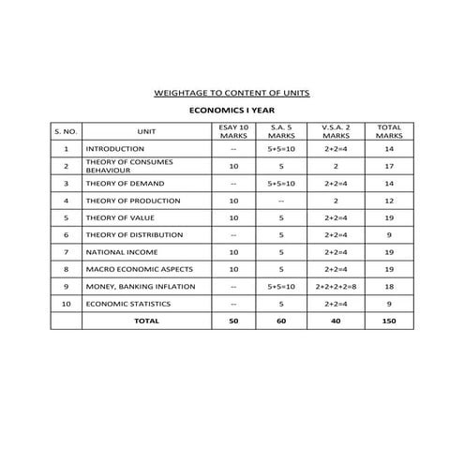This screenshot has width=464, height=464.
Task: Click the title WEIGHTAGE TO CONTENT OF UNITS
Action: click(x=232, y=93)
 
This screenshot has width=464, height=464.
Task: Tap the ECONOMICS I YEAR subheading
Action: click(x=232, y=110)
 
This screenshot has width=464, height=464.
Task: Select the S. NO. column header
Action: click(x=67, y=131)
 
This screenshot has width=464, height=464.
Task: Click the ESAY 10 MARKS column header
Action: click(x=233, y=131)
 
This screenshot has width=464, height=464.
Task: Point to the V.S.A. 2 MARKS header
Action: click(x=337, y=131)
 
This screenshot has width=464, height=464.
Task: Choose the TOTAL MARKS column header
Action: click(x=387, y=131)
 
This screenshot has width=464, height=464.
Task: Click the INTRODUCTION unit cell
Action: click(x=115, y=149)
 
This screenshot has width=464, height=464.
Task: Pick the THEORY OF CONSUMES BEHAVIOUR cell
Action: click(x=128, y=166)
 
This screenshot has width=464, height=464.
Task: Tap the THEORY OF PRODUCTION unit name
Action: click(x=132, y=201)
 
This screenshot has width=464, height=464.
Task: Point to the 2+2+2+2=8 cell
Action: click(x=337, y=286)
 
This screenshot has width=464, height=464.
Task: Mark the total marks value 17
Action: click(x=387, y=166)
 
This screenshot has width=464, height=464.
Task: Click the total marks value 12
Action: click(x=387, y=201)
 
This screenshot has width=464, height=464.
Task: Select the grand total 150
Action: click(x=387, y=321)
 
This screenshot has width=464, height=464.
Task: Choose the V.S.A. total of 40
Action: click(x=337, y=321)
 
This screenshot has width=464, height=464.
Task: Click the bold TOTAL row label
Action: click(x=146, y=321)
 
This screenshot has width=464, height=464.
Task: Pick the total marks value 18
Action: click(x=387, y=286)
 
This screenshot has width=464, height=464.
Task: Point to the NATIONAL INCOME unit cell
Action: click(x=122, y=252)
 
